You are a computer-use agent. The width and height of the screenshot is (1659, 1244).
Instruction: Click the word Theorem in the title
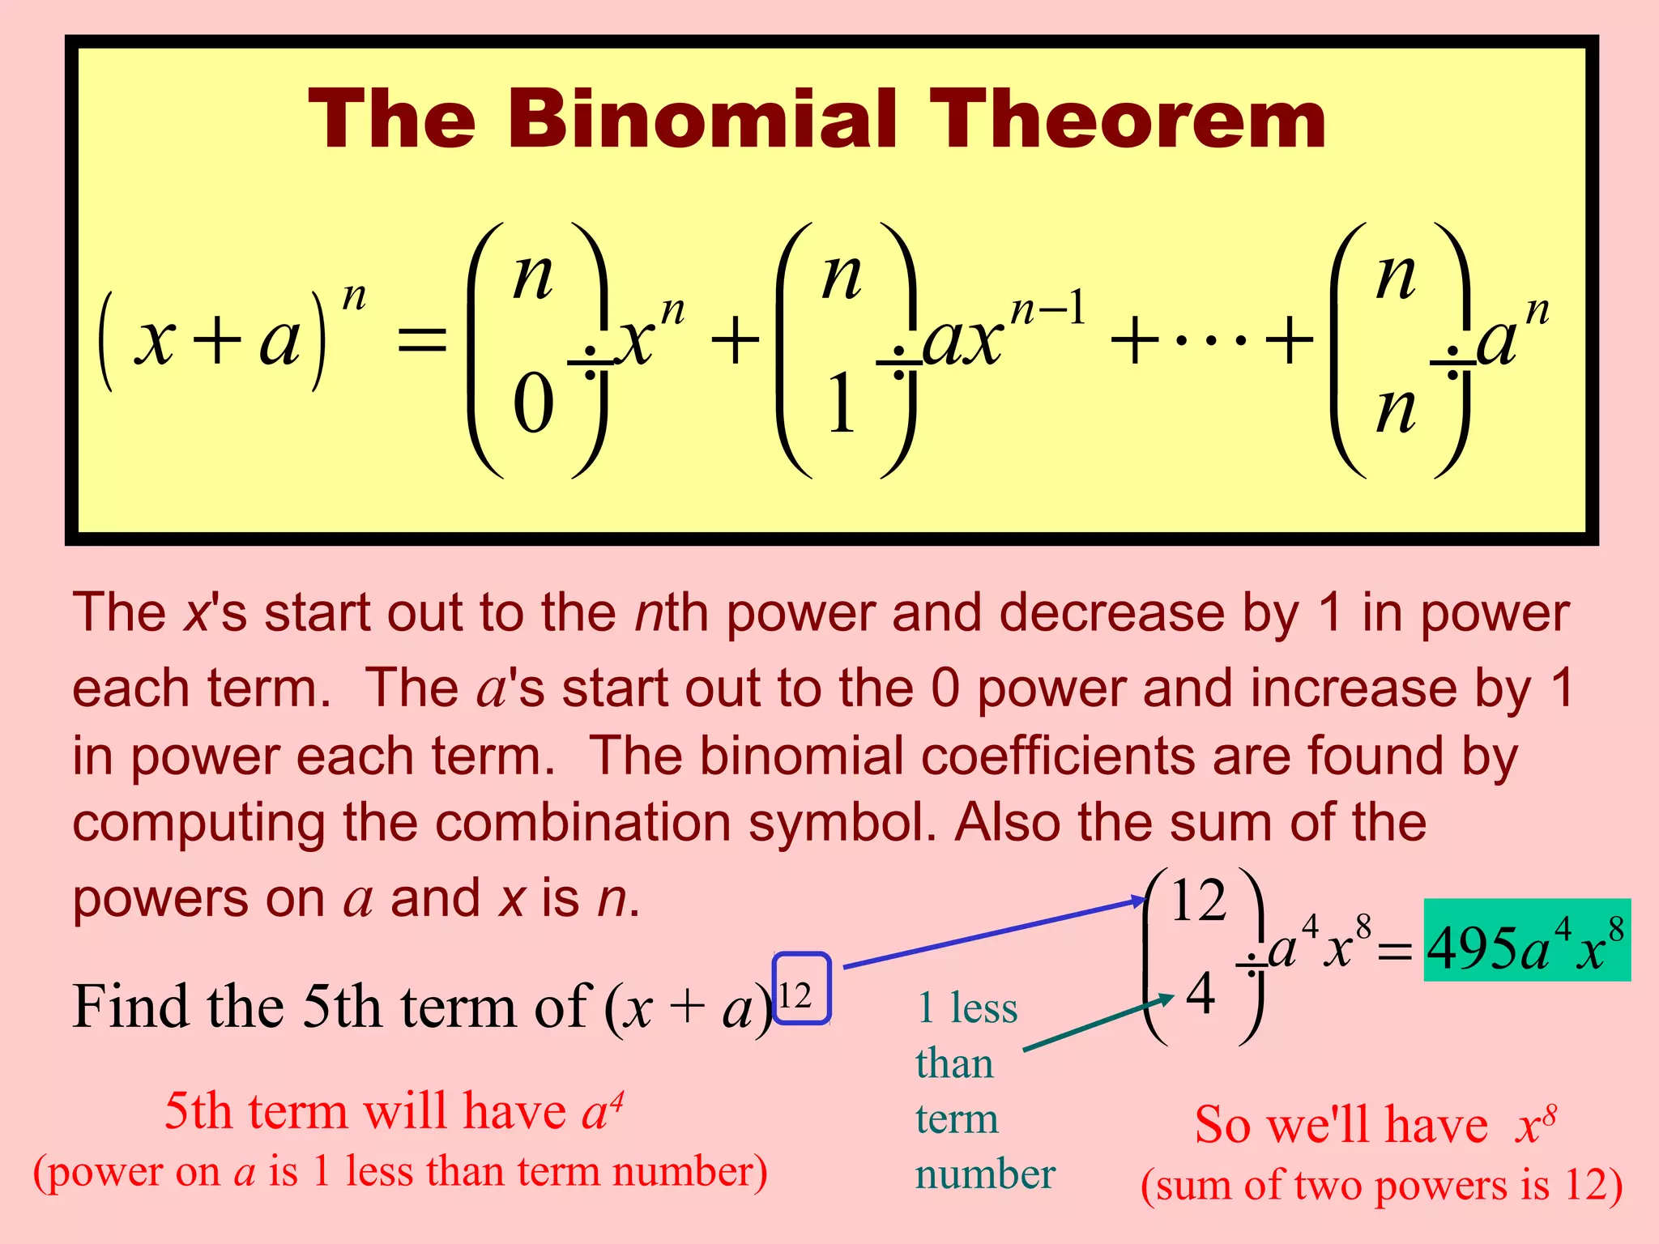pos(1127,120)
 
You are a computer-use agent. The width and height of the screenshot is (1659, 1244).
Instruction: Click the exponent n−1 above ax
pos(1048,309)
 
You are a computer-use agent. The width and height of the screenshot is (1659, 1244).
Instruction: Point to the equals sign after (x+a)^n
pos(422,339)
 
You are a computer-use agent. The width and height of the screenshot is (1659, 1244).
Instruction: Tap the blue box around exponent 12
pos(801,989)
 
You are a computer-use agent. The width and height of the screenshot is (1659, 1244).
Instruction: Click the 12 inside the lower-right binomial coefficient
pos(1198,901)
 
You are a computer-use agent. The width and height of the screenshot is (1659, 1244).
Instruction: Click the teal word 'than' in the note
pos(954,1063)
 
